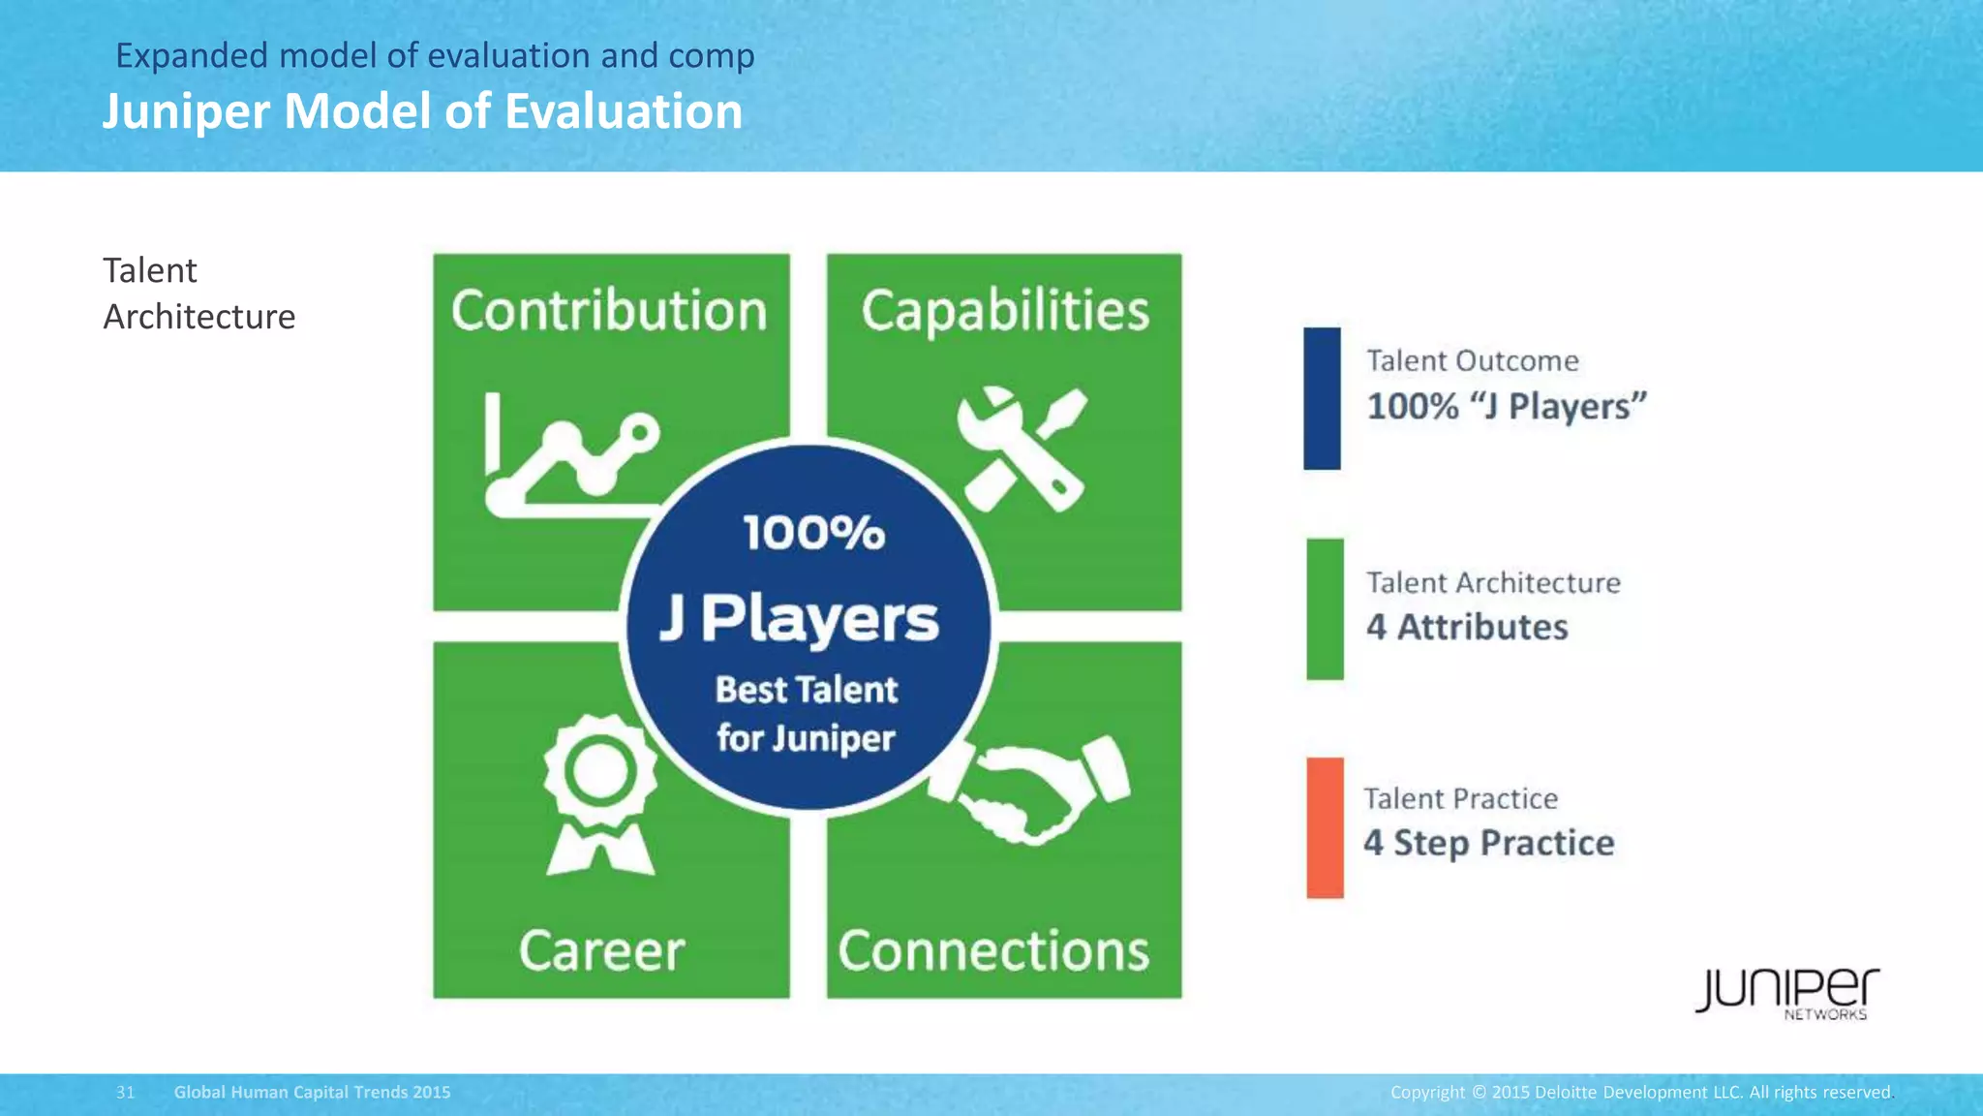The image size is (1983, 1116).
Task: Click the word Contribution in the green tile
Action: click(x=609, y=311)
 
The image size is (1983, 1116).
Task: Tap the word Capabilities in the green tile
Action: click(x=1005, y=311)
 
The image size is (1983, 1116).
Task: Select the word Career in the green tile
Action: click(x=601, y=950)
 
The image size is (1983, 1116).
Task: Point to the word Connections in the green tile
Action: click(x=993, y=950)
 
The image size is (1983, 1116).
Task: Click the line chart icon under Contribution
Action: click(x=571, y=455)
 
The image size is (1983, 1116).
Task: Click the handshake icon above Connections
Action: click(x=1030, y=790)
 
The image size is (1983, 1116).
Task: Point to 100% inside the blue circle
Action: click(x=813, y=533)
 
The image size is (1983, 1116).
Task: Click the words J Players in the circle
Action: click(x=800, y=619)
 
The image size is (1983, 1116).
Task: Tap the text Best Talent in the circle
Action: click(x=807, y=690)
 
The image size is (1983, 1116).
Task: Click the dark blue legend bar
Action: click(x=1322, y=398)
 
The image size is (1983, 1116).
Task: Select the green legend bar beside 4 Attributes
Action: click(x=1325, y=609)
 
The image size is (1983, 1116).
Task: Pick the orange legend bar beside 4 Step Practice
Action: click(x=1325, y=828)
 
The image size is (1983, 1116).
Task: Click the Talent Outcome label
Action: click(x=1472, y=361)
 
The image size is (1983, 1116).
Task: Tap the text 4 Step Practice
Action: click(x=1488, y=843)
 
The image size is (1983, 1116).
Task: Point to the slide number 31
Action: click(x=126, y=1093)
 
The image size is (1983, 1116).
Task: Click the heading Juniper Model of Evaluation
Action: click(x=423, y=111)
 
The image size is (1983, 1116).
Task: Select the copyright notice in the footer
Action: click(x=1640, y=1093)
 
